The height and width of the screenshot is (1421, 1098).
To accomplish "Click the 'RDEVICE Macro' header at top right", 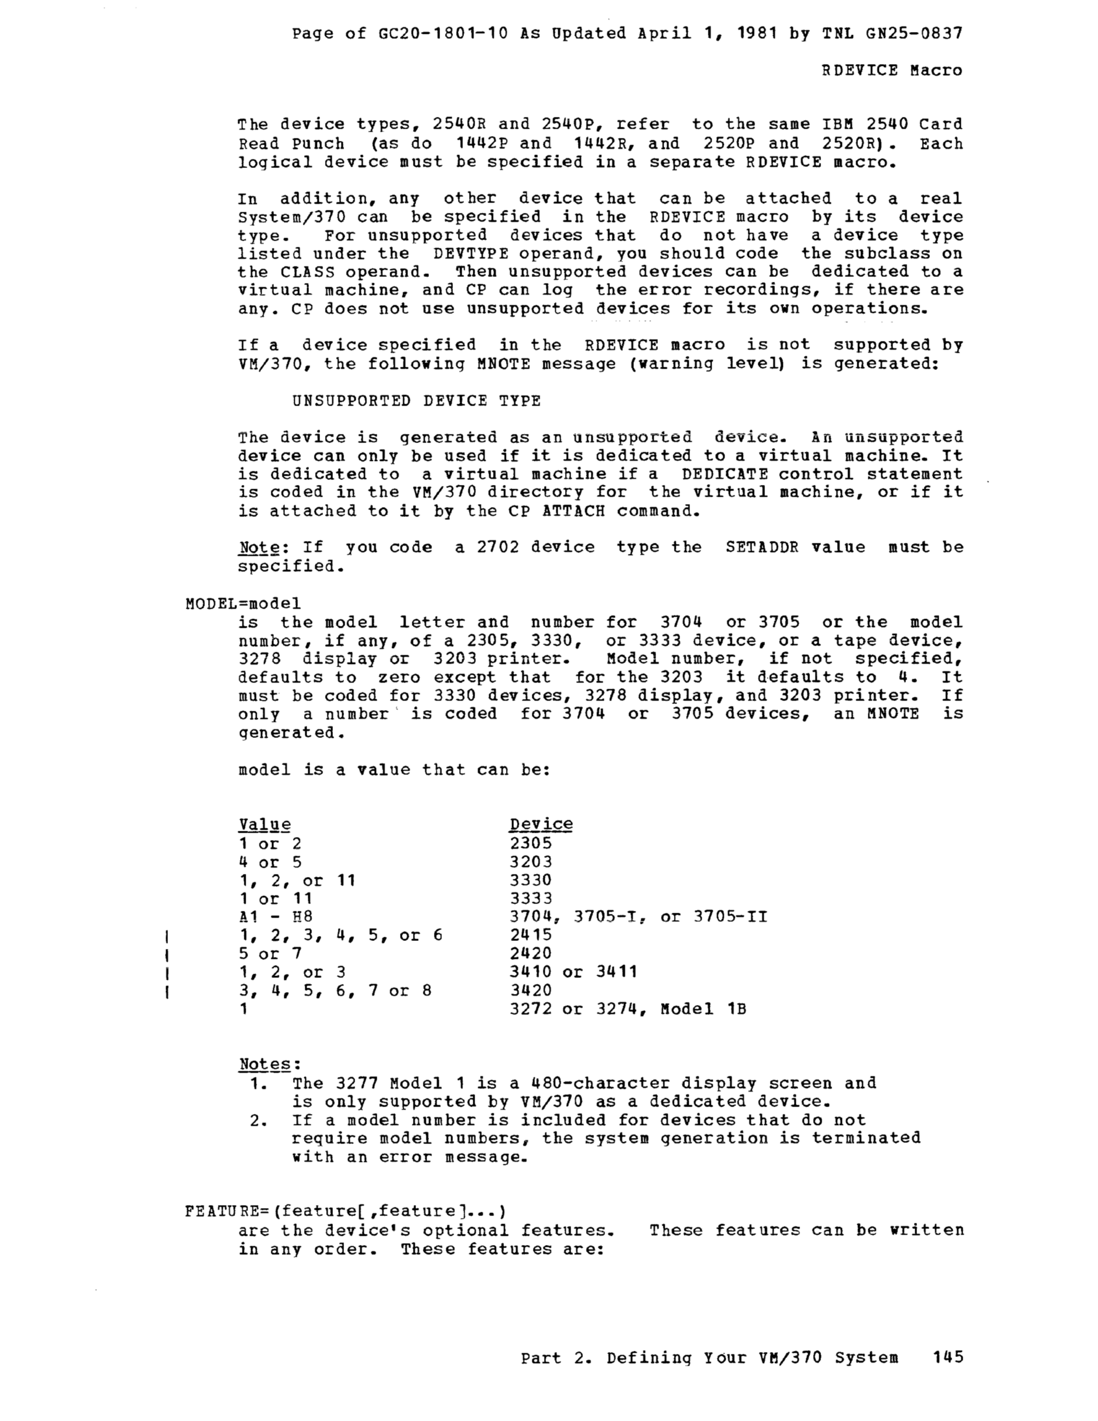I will (892, 70).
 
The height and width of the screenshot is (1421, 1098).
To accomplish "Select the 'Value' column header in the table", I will (264, 825).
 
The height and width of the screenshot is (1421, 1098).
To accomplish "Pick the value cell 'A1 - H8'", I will (275, 916).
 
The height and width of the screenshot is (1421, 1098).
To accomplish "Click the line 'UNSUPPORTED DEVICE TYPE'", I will (417, 400).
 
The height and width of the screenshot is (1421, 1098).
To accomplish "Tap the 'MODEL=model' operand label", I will (242, 603).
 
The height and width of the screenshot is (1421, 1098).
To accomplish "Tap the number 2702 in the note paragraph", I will (498, 546).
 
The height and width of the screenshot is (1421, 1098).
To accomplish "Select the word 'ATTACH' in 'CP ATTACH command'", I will (573, 511).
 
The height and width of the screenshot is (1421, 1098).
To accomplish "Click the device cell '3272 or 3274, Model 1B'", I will (627, 1009).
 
